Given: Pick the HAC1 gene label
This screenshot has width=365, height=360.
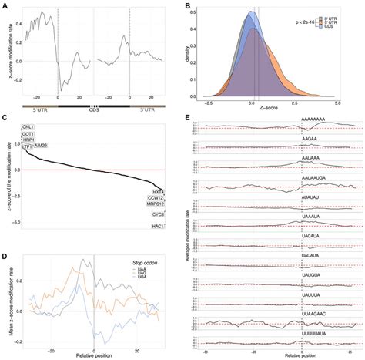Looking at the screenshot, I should (x=157, y=225).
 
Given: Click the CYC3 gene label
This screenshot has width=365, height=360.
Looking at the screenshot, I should (x=157, y=215).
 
